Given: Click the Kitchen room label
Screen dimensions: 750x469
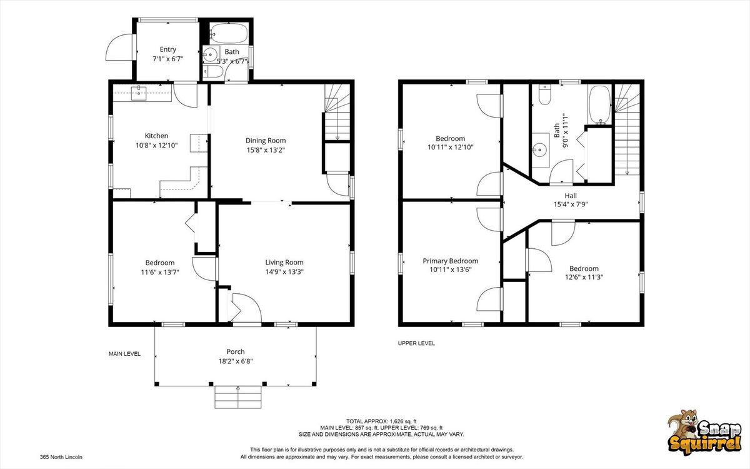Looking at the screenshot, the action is [156, 136].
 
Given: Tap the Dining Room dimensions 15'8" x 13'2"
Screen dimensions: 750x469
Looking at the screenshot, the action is [266, 149].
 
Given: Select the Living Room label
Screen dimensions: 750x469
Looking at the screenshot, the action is [284, 262].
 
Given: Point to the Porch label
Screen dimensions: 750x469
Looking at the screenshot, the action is [236, 351].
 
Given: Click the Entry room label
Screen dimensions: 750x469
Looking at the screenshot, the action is [167, 49].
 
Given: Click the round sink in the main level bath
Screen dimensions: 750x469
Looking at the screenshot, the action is [210, 54].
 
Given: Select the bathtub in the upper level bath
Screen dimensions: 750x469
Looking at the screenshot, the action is [600, 105].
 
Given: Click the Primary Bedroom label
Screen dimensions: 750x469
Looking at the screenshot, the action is [451, 261].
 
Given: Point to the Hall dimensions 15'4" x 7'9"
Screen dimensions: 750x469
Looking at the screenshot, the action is [571, 204].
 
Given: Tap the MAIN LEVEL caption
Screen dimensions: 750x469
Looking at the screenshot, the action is [124, 354].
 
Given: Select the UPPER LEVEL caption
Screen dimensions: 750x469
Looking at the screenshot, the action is [416, 343].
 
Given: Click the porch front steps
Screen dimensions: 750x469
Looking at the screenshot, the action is [237, 397].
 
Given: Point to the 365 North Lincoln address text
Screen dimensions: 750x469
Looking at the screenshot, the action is [61, 457].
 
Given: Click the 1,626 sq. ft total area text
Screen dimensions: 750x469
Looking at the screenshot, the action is [400, 421].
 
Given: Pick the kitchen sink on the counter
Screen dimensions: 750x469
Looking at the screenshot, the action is [139, 93].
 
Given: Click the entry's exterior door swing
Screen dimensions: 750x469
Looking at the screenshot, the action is [118, 48].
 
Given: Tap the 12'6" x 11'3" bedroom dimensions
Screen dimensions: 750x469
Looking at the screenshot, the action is [584, 277].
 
